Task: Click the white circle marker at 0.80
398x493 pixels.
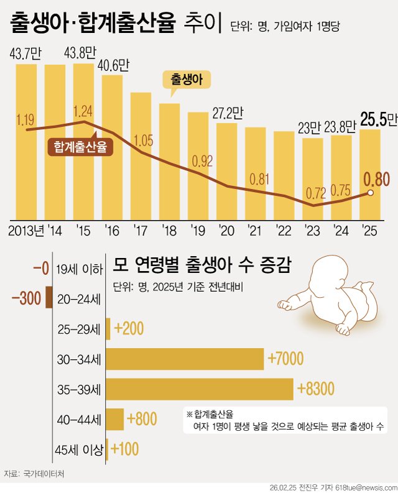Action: click(371, 193)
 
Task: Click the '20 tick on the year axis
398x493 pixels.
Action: click(227, 231)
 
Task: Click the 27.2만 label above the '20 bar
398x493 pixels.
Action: click(227, 113)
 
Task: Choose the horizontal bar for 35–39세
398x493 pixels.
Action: click(200, 389)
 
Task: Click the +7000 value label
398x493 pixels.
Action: click(285, 358)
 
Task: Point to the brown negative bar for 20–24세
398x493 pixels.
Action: click(49, 297)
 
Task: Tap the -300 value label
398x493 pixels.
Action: click(26, 298)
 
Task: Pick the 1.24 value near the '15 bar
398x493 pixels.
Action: click(83, 112)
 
